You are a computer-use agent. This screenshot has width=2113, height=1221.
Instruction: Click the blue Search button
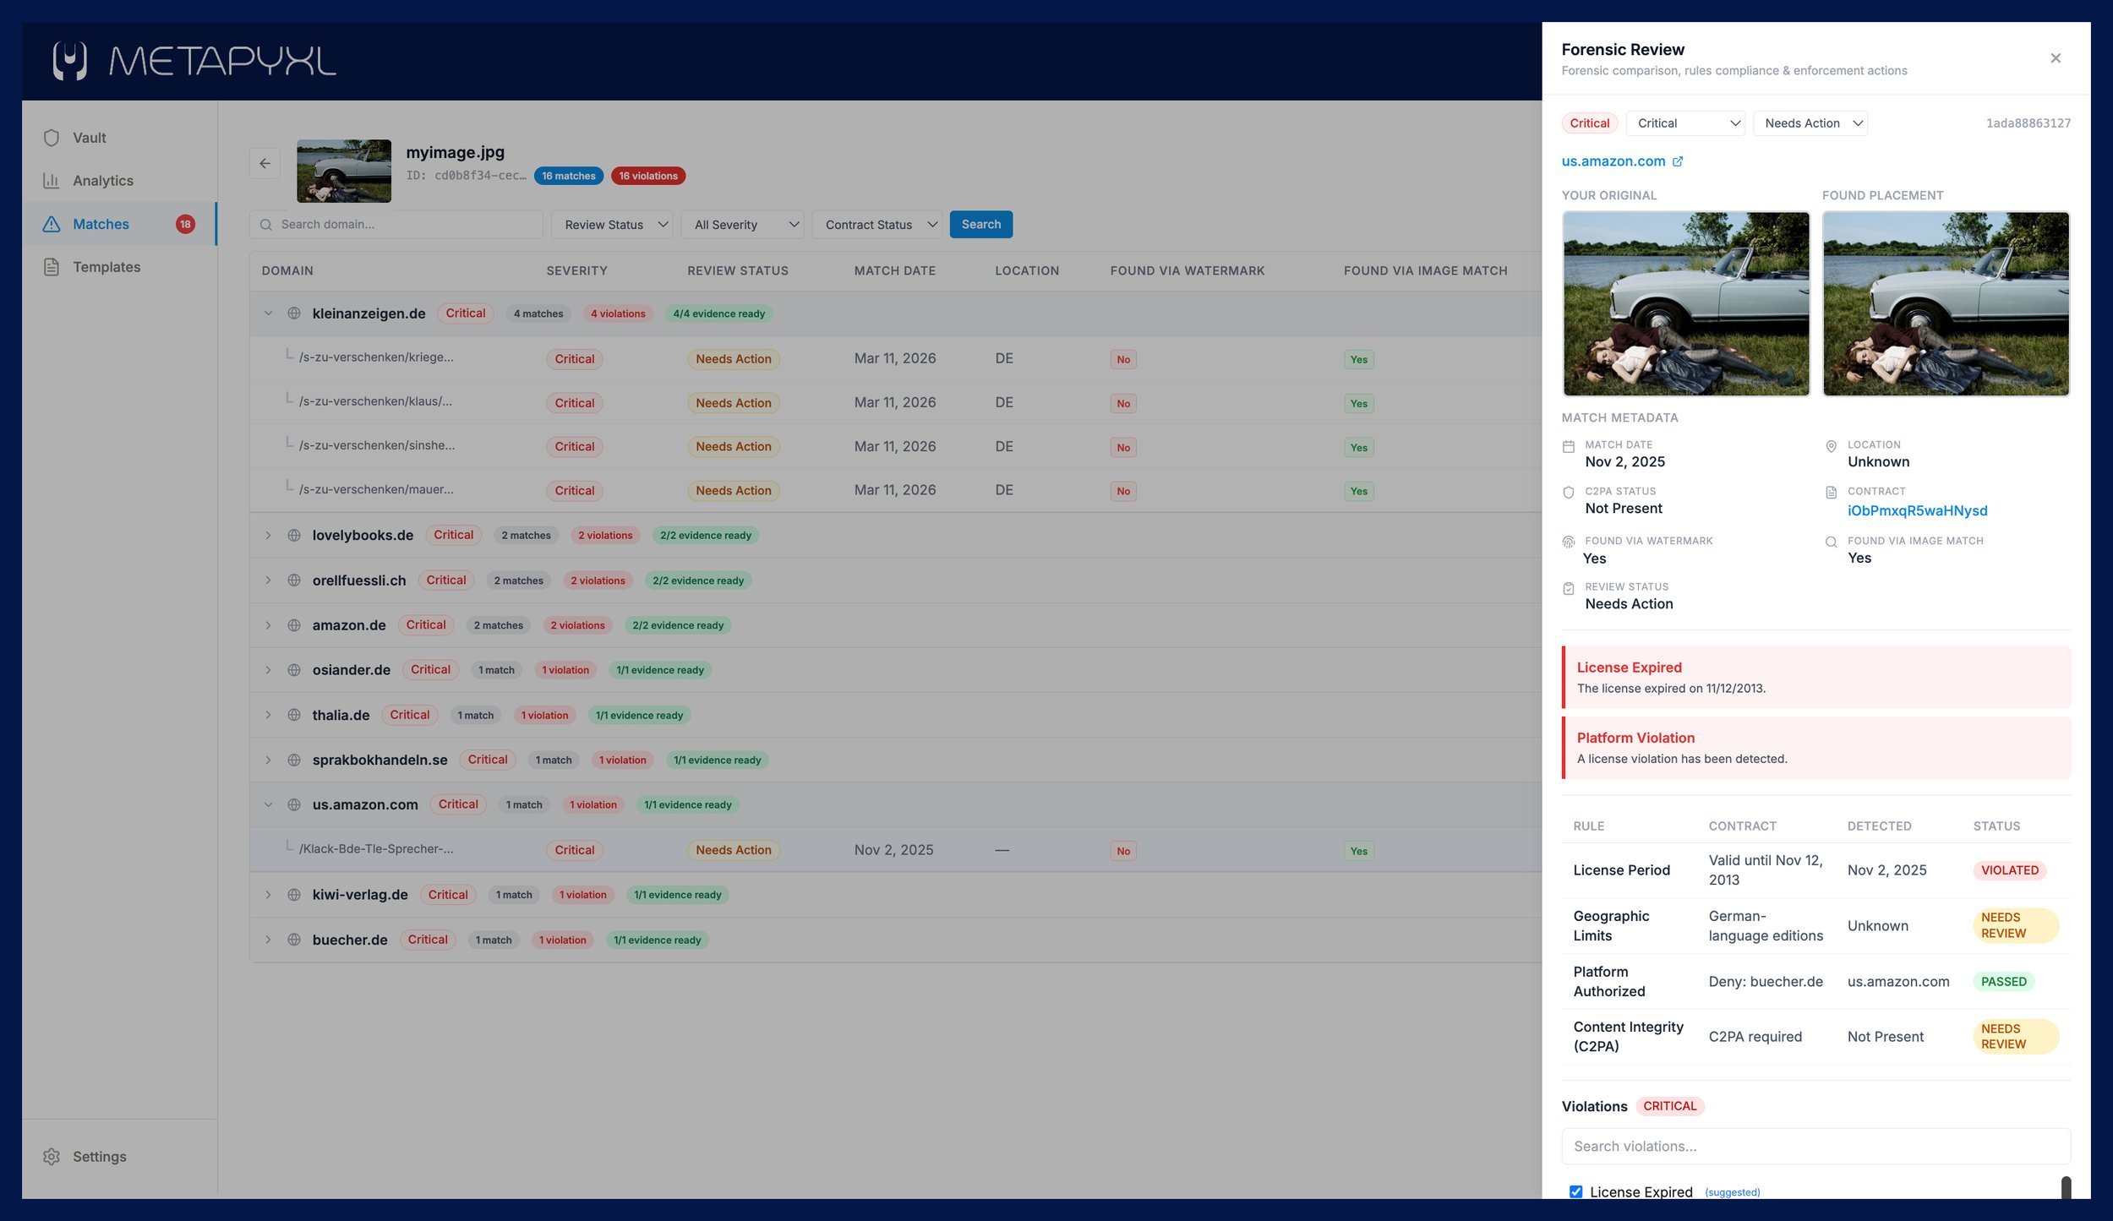pos(980,224)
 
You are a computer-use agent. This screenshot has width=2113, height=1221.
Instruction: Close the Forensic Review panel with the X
pos(2056,58)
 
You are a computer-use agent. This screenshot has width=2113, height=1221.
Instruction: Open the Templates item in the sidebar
pos(106,267)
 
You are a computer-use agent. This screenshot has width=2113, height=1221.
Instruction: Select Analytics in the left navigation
pos(102,181)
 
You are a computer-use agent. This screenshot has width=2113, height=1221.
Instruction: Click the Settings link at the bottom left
pos(99,1157)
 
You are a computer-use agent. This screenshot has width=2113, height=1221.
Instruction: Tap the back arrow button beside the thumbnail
pos(265,163)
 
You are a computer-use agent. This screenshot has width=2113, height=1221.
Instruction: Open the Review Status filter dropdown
pos(612,225)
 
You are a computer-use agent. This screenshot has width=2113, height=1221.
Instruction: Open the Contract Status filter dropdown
pos(876,225)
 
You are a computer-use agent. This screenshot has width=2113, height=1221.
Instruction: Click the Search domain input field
pos(396,225)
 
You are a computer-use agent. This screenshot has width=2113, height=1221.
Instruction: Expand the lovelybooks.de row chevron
pos(268,536)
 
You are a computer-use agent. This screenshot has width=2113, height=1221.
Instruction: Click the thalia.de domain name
pos(341,715)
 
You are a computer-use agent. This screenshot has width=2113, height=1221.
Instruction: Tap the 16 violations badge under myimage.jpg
pos(647,176)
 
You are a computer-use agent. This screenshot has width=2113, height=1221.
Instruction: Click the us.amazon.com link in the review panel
pos(1613,161)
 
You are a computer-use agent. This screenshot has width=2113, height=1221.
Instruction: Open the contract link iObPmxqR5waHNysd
pos(1917,510)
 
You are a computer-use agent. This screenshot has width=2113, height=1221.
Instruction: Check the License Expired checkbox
pos(1575,1192)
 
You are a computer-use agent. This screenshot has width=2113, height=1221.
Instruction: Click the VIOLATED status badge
pos(2009,870)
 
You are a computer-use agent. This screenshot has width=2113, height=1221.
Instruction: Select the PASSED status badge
pos(2002,982)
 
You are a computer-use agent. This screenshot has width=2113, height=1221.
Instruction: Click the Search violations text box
pos(1815,1147)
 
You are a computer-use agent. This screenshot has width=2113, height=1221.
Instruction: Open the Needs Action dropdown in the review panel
pos(1810,123)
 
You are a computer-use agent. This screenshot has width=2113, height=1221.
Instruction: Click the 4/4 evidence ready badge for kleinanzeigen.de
pos(718,313)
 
